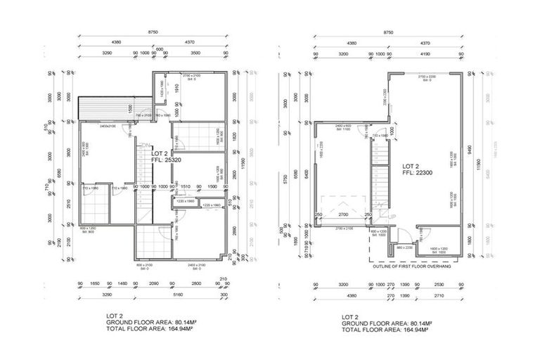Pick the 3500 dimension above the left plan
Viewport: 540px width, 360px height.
196,52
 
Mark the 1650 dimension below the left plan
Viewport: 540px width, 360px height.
96,285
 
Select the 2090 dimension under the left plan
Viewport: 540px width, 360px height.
154,285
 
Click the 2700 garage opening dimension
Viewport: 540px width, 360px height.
342,214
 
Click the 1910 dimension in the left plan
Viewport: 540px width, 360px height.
178,87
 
